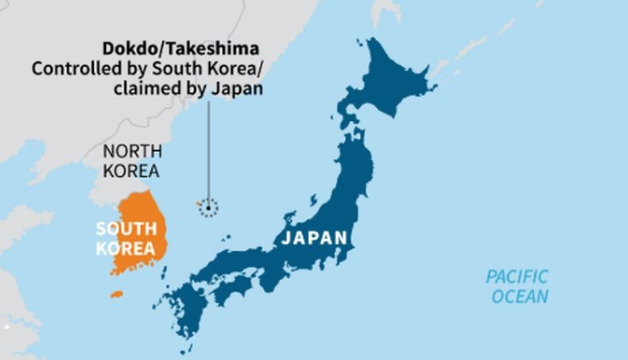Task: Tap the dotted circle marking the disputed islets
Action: point(208,208)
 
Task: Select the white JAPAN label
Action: point(316,238)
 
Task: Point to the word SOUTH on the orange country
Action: point(125,229)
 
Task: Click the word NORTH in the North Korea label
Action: point(133,150)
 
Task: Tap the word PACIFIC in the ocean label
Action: point(518,277)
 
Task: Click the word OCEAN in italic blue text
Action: point(520,297)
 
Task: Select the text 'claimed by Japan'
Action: point(188,88)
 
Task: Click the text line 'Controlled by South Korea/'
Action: point(147,69)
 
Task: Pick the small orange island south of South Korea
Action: point(116,294)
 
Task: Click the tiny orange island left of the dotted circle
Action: point(199,205)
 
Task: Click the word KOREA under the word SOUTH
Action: point(125,248)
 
